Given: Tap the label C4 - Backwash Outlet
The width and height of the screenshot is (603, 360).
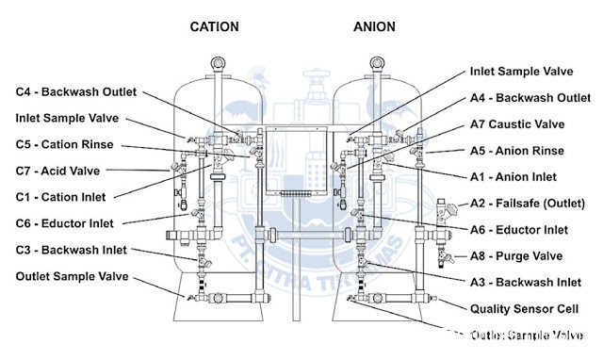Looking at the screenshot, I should click(x=76, y=91).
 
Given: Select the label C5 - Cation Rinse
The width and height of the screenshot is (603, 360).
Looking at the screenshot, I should click(x=64, y=144).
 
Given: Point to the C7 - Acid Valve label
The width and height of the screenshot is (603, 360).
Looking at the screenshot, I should click(x=57, y=171).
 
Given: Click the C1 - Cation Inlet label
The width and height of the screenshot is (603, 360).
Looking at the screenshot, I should click(x=60, y=196).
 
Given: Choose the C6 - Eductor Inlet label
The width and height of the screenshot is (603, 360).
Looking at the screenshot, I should click(x=66, y=222).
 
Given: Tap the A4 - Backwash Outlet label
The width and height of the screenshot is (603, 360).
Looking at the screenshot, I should click(x=530, y=97).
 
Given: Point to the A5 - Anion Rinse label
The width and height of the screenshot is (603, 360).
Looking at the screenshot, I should click(x=516, y=150).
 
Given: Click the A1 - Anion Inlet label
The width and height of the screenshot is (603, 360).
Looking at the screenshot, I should click(x=513, y=176).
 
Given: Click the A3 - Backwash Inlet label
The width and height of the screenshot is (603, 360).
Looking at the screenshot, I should click(x=525, y=282).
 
